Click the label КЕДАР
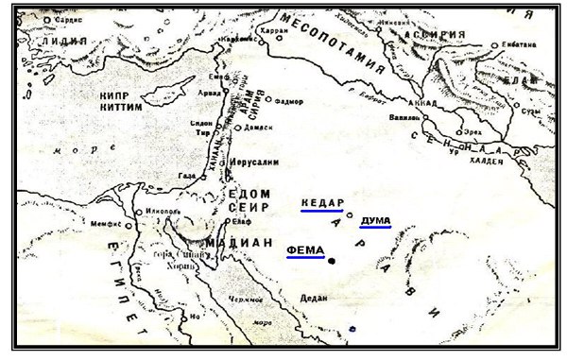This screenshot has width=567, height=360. [x=322, y=203]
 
